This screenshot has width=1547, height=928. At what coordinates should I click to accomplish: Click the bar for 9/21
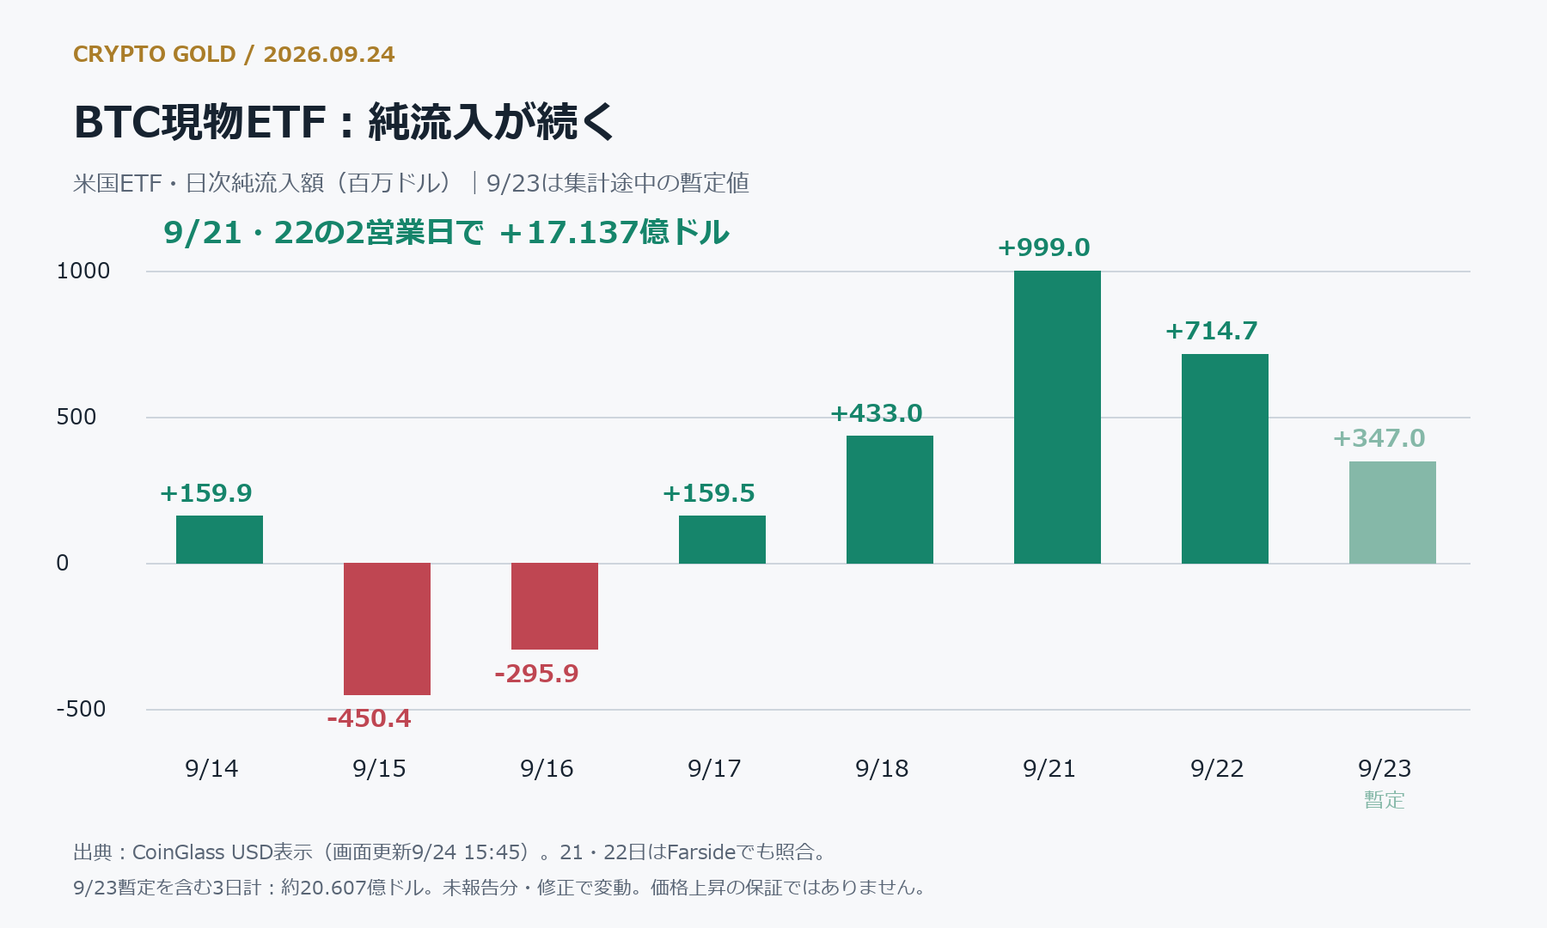tap(1057, 417)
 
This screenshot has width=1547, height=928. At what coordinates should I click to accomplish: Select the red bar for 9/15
tap(387, 629)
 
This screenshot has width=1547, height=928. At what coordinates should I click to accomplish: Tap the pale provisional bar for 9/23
tap(1392, 512)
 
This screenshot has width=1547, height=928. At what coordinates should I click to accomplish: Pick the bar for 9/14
tap(219, 540)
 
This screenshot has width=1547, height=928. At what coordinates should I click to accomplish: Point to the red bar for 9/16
tap(554, 607)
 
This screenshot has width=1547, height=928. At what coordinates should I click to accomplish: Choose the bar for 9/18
tap(890, 499)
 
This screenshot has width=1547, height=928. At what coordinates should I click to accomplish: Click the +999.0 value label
tap(1043, 247)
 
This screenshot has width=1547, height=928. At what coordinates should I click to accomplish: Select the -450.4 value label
tap(369, 718)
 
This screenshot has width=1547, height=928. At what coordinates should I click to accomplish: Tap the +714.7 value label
tap(1211, 331)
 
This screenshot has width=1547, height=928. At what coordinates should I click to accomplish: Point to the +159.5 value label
tap(708, 493)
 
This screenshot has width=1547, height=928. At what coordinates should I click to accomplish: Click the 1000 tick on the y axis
tap(83, 271)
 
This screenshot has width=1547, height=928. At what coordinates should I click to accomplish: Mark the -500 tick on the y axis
tap(81, 709)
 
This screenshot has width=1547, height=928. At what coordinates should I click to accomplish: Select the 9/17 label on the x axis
tap(714, 768)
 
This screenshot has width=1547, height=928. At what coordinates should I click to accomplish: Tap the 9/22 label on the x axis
tap(1217, 768)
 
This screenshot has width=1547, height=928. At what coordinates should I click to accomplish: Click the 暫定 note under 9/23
tap(1385, 800)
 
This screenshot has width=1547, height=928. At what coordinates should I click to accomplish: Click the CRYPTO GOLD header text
tap(155, 54)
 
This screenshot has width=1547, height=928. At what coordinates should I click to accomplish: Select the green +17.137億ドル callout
tap(614, 232)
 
